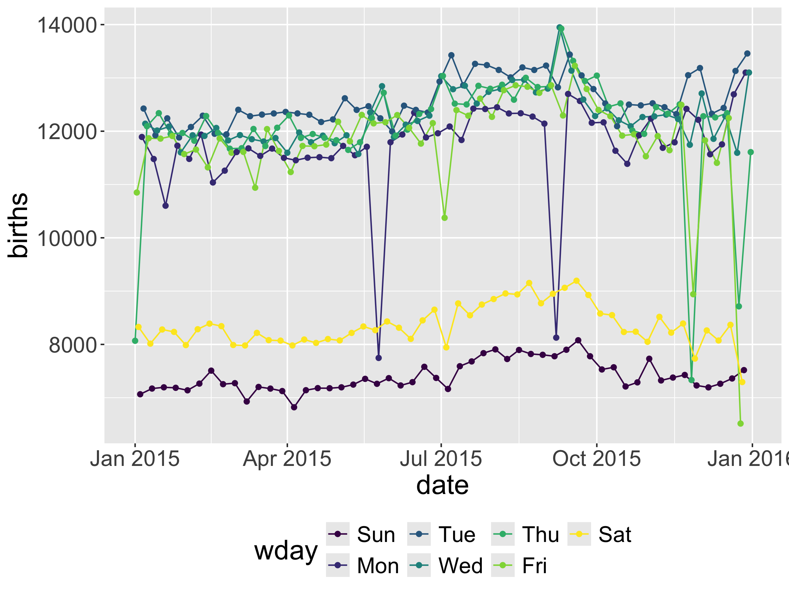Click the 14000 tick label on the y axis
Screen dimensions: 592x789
[x=67, y=26]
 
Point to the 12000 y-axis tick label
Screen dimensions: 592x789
[x=67, y=132]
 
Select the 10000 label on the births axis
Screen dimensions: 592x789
[x=67, y=239]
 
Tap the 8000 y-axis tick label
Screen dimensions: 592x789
[x=73, y=345]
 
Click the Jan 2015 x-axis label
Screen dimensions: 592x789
[x=135, y=458]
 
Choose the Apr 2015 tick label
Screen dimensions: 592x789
[x=287, y=458]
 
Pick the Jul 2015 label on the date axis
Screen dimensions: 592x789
[x=441, y=458]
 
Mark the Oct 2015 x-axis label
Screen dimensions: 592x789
[x=597, y=458]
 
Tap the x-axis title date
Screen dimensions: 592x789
[x=442, y=485]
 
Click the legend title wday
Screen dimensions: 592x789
[x=286, y=551]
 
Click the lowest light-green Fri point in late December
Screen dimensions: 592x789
[x=740, y=423]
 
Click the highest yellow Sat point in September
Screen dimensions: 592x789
[x=576, y=281]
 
